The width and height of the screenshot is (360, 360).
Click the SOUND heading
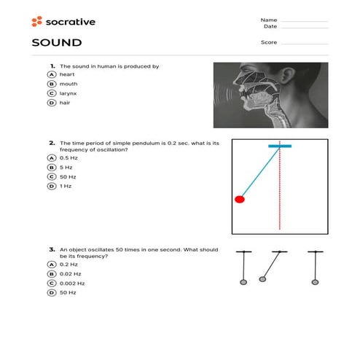pos(56,43)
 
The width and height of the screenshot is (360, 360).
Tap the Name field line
pos(304,20)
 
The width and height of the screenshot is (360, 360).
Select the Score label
pos(268,42)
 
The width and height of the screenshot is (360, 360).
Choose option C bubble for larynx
pos(52,93)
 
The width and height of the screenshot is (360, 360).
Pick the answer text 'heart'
pos(67,74)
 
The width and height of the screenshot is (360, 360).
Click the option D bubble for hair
pos(52,103)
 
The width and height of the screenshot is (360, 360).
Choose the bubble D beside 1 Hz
pos(52,186)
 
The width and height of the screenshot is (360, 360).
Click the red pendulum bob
pos(240,198)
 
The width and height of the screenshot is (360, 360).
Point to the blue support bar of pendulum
pos(280,146)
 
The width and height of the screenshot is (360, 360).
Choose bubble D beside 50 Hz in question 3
pos(52,292)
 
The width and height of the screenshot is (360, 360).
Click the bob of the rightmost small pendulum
pos(316,281)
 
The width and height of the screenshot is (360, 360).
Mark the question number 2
pos(52,143)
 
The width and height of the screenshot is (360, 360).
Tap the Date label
pos(270,26)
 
